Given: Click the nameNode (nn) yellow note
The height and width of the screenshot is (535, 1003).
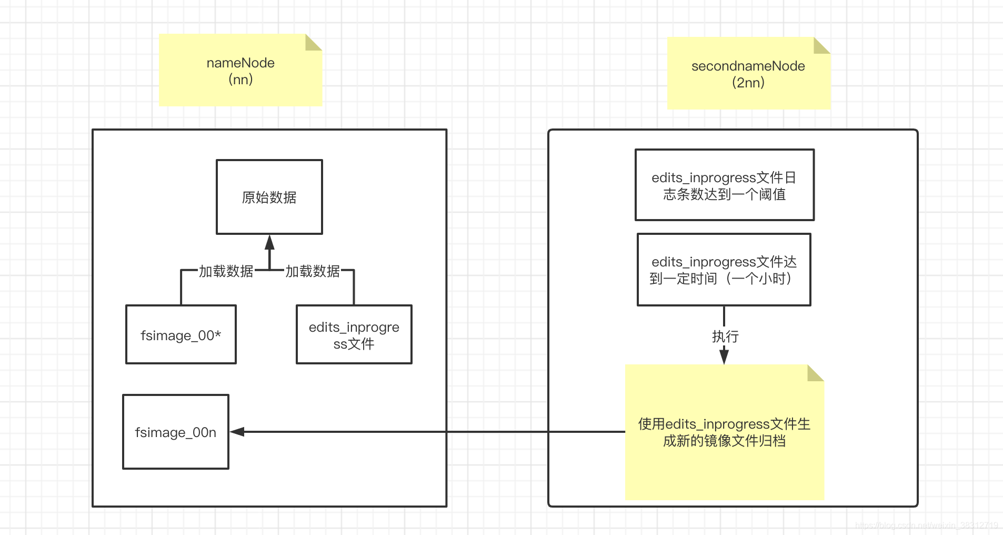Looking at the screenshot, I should click(x=240, y=70).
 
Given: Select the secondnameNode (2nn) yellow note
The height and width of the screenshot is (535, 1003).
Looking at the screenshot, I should click(x=748, y=74).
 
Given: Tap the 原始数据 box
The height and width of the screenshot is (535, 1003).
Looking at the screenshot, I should click(x=269, y=197).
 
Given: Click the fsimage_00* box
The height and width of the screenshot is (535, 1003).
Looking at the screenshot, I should click(x=180, y=334).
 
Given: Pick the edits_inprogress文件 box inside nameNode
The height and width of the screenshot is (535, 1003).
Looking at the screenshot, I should click(x=354, y=334).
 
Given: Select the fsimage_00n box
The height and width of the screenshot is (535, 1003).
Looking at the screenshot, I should click(x=175, y=432).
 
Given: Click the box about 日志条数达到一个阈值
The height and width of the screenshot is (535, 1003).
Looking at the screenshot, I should click(x=724, y=185).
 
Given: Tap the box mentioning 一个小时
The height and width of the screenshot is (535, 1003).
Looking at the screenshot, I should click(x=724, y=270).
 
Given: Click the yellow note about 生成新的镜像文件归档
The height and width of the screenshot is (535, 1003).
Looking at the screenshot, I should click(x=724, y=432).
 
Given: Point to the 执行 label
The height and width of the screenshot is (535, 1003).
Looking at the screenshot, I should click(x=725, y=336).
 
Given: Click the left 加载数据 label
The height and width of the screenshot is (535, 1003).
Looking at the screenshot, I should click(x=226, y=271).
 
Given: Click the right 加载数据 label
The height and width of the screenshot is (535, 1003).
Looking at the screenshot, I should click(x=313, y=271).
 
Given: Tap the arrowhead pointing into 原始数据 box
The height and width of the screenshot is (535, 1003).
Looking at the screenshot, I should click(x=269, y=242).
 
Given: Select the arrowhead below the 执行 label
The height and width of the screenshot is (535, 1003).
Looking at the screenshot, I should click(x=724, y=356).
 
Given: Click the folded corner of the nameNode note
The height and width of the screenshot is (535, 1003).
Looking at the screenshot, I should click(x=313, y=43).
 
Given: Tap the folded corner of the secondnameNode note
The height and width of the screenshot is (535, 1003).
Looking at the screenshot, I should click(x=821, y=46).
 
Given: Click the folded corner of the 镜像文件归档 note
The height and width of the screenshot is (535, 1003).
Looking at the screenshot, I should click(x=815, y=373).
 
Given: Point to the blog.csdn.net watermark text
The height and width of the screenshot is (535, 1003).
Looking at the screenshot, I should click(x=926, y=525).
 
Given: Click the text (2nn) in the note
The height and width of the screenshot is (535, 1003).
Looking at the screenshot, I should click(x=748, y=83).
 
